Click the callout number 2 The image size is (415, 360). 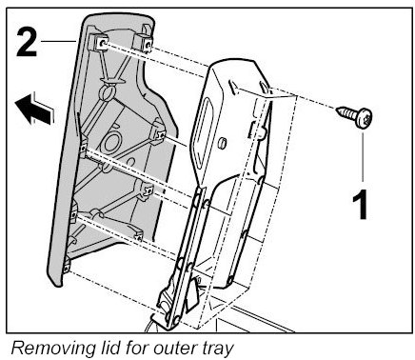click(27, 42)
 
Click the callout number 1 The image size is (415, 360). click(360, 205)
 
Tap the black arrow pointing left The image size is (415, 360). click(34, 109)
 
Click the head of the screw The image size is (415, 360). click(364, 118)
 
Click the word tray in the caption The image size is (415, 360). click(218, 350)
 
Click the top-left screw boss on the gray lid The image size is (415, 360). click(99, 43)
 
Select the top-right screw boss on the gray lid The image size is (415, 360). click(145, 43)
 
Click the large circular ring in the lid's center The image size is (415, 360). click(110, 142)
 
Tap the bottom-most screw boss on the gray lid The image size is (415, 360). click(66, 266)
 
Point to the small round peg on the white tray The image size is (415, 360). click(222, 142)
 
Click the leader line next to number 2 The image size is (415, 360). click(58, 41)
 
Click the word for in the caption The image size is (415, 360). click(137, 348)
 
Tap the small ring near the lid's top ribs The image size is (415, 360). click(107, 92)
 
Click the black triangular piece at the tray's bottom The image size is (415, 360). click(191, 292)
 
